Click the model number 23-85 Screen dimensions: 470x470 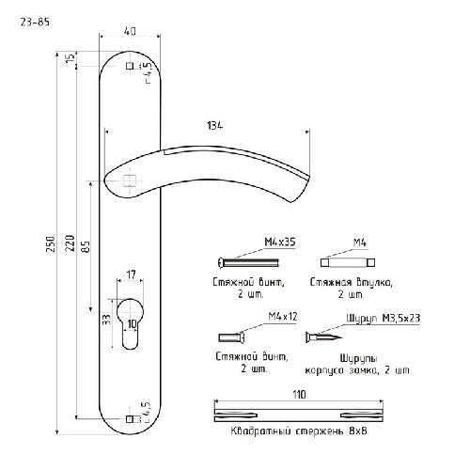coord(35,23)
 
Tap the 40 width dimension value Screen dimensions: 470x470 coord(130,31)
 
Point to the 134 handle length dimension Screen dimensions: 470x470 coord(215,126)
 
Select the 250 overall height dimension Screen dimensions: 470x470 coord(51,243)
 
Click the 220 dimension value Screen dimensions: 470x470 coord(71,243)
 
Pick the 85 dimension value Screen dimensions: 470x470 coord(86,246)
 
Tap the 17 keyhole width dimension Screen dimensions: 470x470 coord(132,274)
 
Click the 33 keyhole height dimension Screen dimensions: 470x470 coord(107,320)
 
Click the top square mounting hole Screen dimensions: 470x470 coord(130,66)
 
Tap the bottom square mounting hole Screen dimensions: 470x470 coord(129,419)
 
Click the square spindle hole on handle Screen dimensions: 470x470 coord(130,180)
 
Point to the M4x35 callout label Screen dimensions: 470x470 coord(280,243)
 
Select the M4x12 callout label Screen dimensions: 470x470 coord(283,317)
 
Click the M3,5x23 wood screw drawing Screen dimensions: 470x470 coord(323,337)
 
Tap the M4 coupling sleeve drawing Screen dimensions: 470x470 coord(348,262)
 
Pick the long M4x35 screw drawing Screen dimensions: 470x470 coord(248,262)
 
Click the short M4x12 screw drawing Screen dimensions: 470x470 coord(231,337)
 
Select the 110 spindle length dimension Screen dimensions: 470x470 coord(299,395)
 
